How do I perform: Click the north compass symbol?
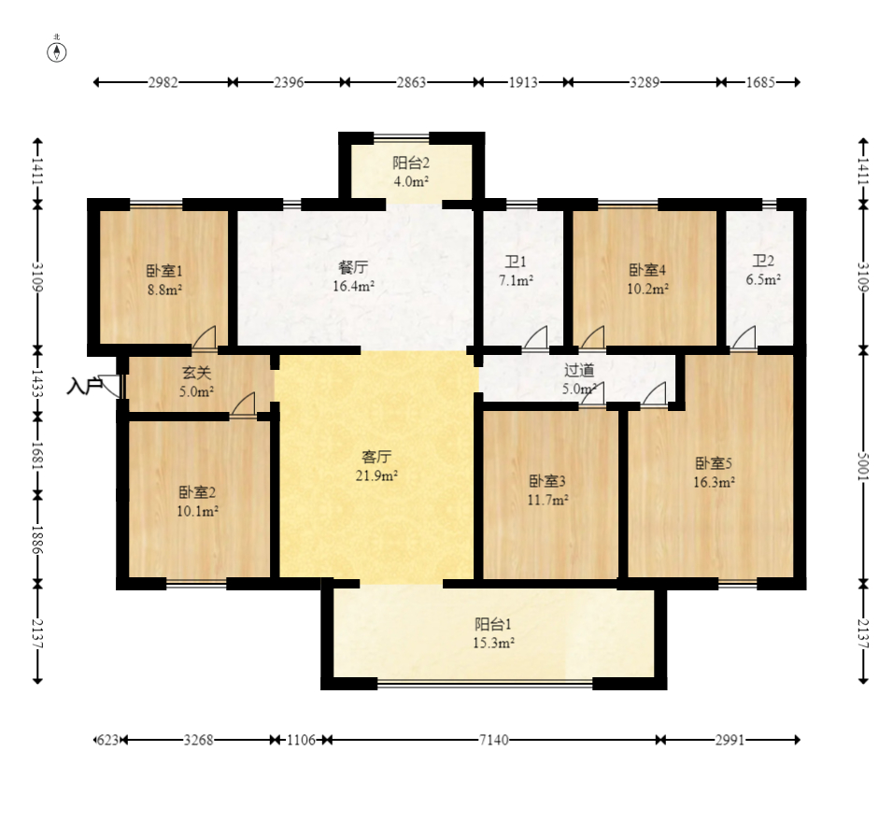point(56,52)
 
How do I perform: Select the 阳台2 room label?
point(411,163)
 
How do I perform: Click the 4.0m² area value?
point(411,182)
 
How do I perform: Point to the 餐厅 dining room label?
point(353,266)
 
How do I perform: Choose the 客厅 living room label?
point(376,457)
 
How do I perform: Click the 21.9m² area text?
point(376,475)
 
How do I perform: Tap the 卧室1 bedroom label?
point(164,271)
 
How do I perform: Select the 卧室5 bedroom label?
point(713,463)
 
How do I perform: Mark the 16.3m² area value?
point(714,482)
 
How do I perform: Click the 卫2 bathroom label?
point(763,261)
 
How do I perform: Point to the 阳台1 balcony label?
point(493,624)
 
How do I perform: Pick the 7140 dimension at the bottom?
point(494,740)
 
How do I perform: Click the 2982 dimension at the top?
point(163,82)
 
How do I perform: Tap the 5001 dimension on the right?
point(863,466)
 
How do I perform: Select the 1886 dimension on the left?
point(37,540)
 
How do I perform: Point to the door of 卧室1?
point(205,337)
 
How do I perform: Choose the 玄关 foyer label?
point(196,373)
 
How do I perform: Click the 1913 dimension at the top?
point(523,82)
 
